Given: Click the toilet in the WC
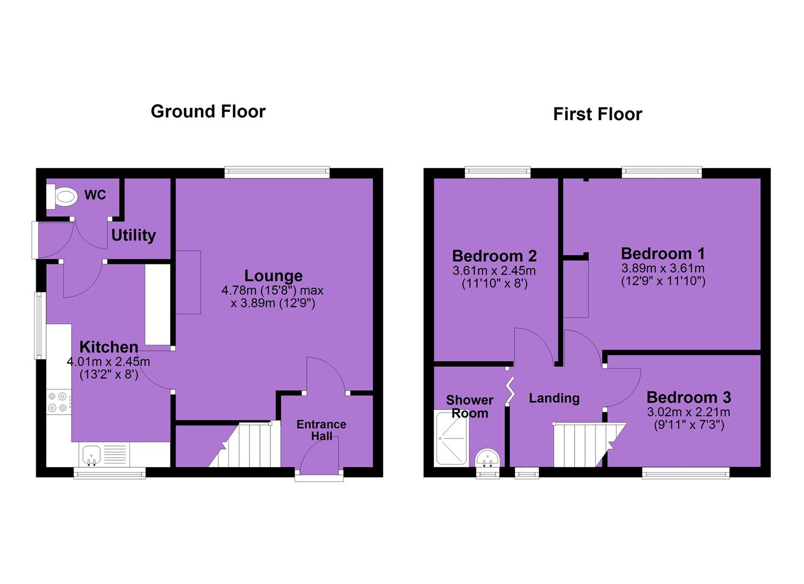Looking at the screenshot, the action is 62,196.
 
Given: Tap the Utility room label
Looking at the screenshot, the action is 134,236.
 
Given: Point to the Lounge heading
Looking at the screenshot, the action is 273,276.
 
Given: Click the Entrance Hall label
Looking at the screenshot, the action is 321,430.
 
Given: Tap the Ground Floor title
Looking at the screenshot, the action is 208,111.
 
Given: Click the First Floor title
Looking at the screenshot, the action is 598,114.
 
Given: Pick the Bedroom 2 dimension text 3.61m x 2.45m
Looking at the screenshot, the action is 494,271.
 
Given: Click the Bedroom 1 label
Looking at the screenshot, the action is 663,254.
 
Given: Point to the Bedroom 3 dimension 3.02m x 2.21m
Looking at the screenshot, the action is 689,412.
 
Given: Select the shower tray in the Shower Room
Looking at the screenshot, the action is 452,439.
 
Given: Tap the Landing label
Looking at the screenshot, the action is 554,399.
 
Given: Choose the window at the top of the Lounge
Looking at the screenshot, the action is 277,172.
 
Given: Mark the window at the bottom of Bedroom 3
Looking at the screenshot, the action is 685,473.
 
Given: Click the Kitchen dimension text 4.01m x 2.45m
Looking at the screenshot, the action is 108,361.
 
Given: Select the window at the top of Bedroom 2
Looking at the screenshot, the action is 498,172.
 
